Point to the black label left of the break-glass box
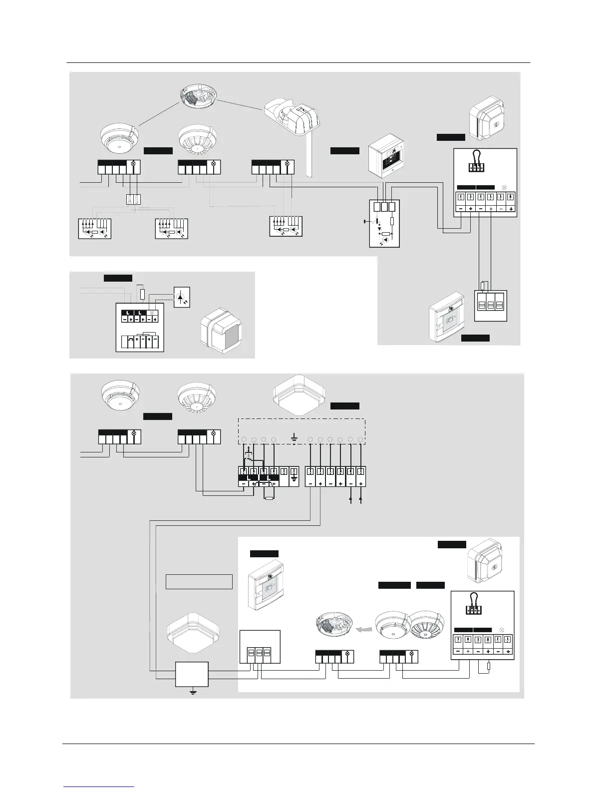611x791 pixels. tap(344, 151)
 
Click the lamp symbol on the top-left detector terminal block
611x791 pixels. tap(133, 164)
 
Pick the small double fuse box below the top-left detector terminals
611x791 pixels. tap(133, 199)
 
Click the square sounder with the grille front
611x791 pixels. tap(220, 331)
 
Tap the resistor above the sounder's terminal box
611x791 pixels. tap(142, 294)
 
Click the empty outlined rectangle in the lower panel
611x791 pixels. tap(199, 582)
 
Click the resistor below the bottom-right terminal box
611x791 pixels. tap(489, 666)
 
